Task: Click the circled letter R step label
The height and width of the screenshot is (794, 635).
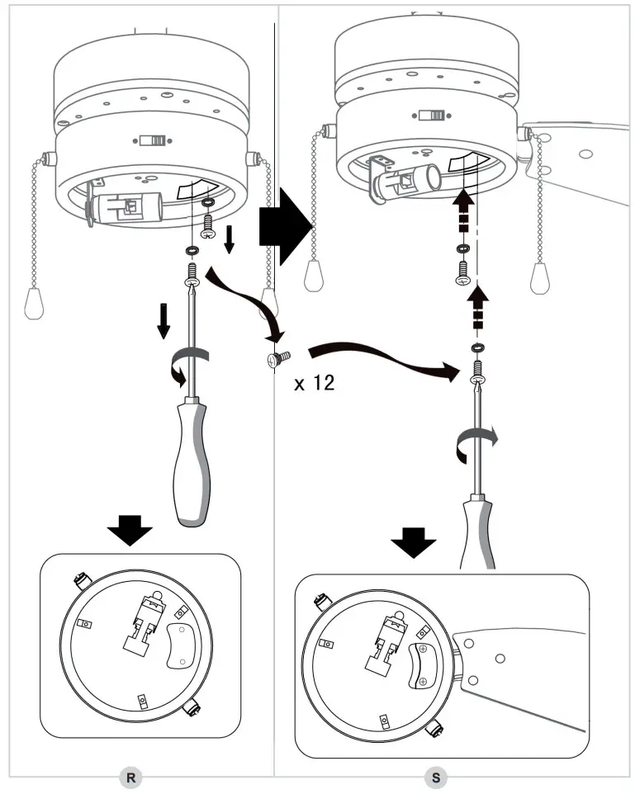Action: point(129,776)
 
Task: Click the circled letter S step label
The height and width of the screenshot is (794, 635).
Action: point(435,776)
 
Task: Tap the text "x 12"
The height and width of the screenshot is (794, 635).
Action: point(315,383)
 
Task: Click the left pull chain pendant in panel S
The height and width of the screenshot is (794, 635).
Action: point(315,271)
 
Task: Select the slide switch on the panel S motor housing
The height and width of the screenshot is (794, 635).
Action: point(432,116)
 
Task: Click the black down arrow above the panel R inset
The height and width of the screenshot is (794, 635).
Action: point(130,529)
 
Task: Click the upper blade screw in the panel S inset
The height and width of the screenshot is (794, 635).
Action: point(422,650)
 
